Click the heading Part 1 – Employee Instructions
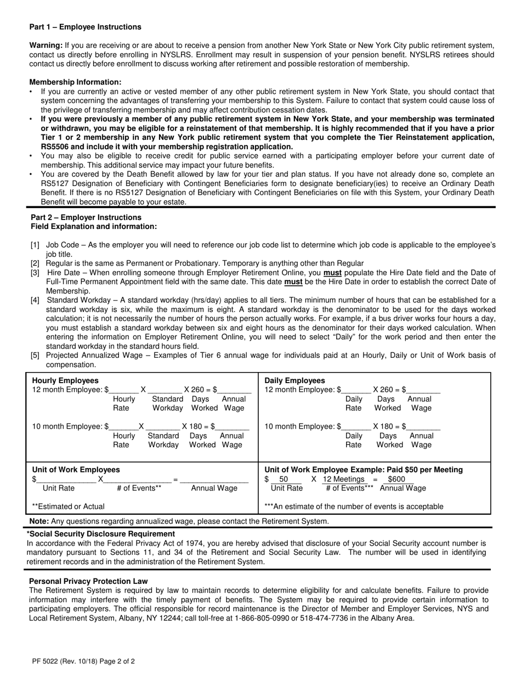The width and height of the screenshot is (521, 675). point(85,27)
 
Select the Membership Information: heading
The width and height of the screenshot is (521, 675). point(75,82)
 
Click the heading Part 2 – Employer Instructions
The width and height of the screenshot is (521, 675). point(86,217)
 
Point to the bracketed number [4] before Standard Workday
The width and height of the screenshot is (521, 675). point(35,300)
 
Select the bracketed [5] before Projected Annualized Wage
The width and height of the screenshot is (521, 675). point(35,355)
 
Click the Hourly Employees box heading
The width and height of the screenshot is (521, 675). point(65,380)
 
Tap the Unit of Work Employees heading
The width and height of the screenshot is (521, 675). point(76,470)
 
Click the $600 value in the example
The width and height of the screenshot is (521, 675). point(396,479)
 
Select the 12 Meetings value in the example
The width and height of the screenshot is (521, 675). point(343,479)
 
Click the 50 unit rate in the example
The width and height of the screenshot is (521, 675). point(284,479)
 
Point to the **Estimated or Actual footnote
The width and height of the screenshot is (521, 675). point(68,507)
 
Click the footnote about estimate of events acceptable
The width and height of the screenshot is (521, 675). point(354,507)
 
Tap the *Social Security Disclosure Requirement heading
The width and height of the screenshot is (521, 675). point(101,533)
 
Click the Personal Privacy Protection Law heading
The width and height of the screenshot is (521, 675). point(88,581)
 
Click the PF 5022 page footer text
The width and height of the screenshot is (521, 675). point(83,661)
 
